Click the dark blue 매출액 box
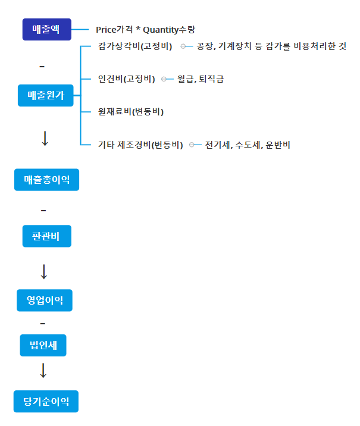click(46, 29)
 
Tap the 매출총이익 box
click(46, 180)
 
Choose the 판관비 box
click(47, 236)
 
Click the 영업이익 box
click(45, 300)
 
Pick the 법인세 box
click(43, 345)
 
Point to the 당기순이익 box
click(46, 402)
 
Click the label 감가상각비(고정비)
click(135, 46)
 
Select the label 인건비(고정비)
click(127, 79)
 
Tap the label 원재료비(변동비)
click(131, 112)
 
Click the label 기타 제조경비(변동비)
click(140, 145)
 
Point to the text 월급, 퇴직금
click(201, 79)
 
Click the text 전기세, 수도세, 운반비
click(247, 145)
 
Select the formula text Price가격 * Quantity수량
click(146, 29)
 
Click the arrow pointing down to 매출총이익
click(45, 138)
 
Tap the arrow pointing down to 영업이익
click(43, 271)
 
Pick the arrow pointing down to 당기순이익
click(43, 371)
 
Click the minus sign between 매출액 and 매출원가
click(42, 65)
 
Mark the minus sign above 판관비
click(43, 211)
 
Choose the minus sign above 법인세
click(42, 323)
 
